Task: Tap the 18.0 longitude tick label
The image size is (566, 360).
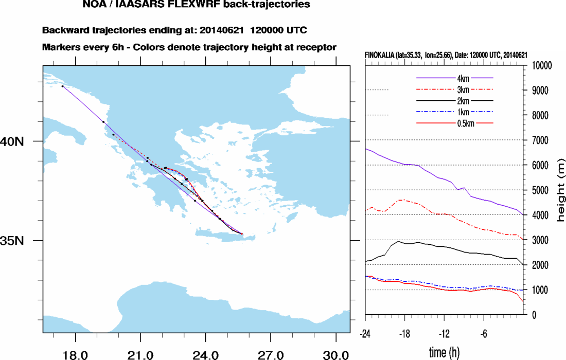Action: (x=76, y=355)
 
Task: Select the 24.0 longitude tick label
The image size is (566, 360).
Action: (x=206, y=355)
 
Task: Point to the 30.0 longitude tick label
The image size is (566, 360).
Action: (x=335, y=355)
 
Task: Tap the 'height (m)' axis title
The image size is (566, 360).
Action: (x=560, y=190)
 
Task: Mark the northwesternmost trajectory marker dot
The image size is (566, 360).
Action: (x=62, y=86)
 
